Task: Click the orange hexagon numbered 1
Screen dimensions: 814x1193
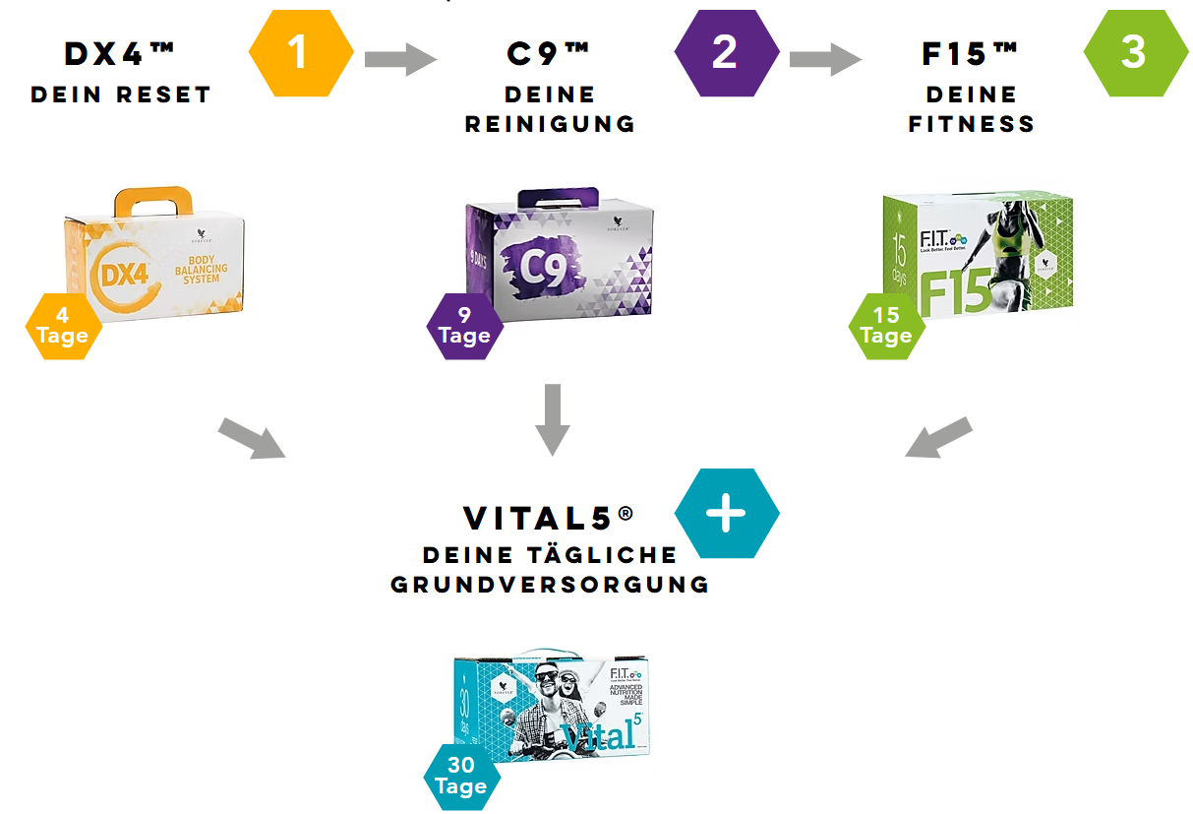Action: [300, 52]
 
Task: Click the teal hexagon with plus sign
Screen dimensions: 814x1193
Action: [727, 514]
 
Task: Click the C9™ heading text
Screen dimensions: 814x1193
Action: [549, 54]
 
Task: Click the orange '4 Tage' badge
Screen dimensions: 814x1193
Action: [63, 326]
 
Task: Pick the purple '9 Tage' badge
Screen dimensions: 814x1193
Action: [464, 326]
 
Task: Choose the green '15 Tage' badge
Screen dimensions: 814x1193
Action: [886, 326]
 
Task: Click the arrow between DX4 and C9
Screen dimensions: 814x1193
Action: [400, 59]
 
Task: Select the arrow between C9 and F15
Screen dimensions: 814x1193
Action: [825, 59]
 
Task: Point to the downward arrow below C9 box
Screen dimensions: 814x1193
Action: [552, 419]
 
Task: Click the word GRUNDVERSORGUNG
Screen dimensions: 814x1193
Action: [550, 585]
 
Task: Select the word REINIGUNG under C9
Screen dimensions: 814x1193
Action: [550, 124]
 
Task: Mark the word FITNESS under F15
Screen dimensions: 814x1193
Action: [972, 124]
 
